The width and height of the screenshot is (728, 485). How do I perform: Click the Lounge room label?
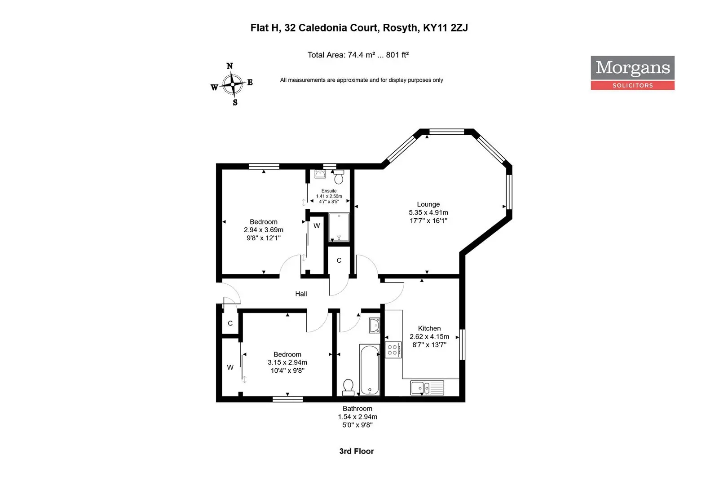click(428, 204)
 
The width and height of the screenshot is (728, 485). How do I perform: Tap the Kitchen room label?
click(429, 328)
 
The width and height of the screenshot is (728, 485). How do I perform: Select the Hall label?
click(301, 294)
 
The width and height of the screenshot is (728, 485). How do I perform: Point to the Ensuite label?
click(329, 191)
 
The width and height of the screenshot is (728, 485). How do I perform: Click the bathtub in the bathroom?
click(370, 370)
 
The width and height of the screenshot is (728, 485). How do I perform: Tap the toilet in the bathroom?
click(348, 388)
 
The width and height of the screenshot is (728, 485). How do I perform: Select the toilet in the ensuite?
click(339, 177)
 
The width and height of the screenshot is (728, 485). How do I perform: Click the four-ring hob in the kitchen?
click(393, 350)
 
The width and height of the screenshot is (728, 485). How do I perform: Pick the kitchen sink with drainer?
click(427, 388)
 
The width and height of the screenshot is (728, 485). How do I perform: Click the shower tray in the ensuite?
click(339, 227)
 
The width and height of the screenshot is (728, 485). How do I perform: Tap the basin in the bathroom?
click(375, 325)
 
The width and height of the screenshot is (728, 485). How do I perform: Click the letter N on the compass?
click(229, 66)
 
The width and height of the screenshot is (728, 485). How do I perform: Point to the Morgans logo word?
click(632, 68)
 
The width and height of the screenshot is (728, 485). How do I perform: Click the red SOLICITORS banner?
click(632, 85)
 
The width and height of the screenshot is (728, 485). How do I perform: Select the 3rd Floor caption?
click(357, 451)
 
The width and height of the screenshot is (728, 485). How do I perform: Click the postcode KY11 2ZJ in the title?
click(445, 28)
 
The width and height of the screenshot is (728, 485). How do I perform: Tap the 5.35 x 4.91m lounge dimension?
click(428, 212)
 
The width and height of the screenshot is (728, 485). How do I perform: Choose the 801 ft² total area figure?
click(397, 55)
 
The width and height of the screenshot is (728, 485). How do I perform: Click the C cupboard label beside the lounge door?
click(339, 260)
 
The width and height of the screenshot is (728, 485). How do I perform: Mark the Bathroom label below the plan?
click(357, 409)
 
